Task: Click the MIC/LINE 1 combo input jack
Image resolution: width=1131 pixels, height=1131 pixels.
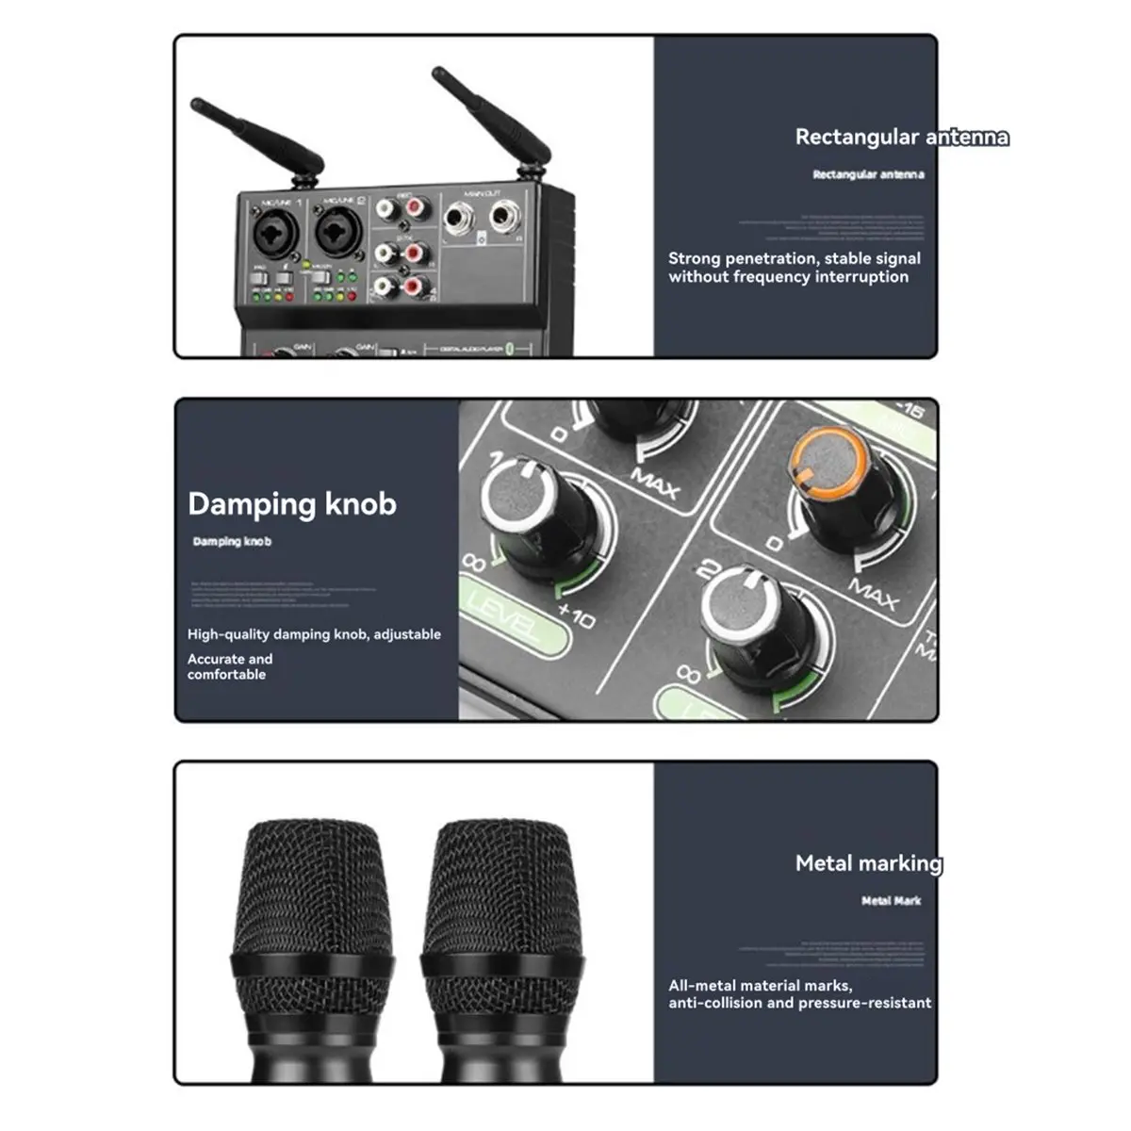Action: pos(274,232)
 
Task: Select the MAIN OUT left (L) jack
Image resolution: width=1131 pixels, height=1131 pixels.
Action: pos(459,221)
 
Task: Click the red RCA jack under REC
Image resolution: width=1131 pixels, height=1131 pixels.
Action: pos(416,205)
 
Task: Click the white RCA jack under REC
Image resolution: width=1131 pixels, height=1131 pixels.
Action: pos(386,208)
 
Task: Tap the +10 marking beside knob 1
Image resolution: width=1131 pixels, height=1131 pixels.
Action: pos(576,617)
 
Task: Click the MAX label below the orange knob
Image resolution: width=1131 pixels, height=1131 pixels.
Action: pos(873,595)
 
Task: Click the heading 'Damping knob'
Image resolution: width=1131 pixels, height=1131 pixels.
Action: pos(292,504)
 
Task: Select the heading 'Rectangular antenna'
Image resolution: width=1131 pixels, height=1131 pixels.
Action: pos(901,138)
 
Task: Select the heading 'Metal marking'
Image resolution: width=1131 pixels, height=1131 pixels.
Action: pos(868,863)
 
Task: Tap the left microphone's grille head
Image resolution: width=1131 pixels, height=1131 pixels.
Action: pos(311,886)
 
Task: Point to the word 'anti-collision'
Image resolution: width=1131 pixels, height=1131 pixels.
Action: pos(715,1004)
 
